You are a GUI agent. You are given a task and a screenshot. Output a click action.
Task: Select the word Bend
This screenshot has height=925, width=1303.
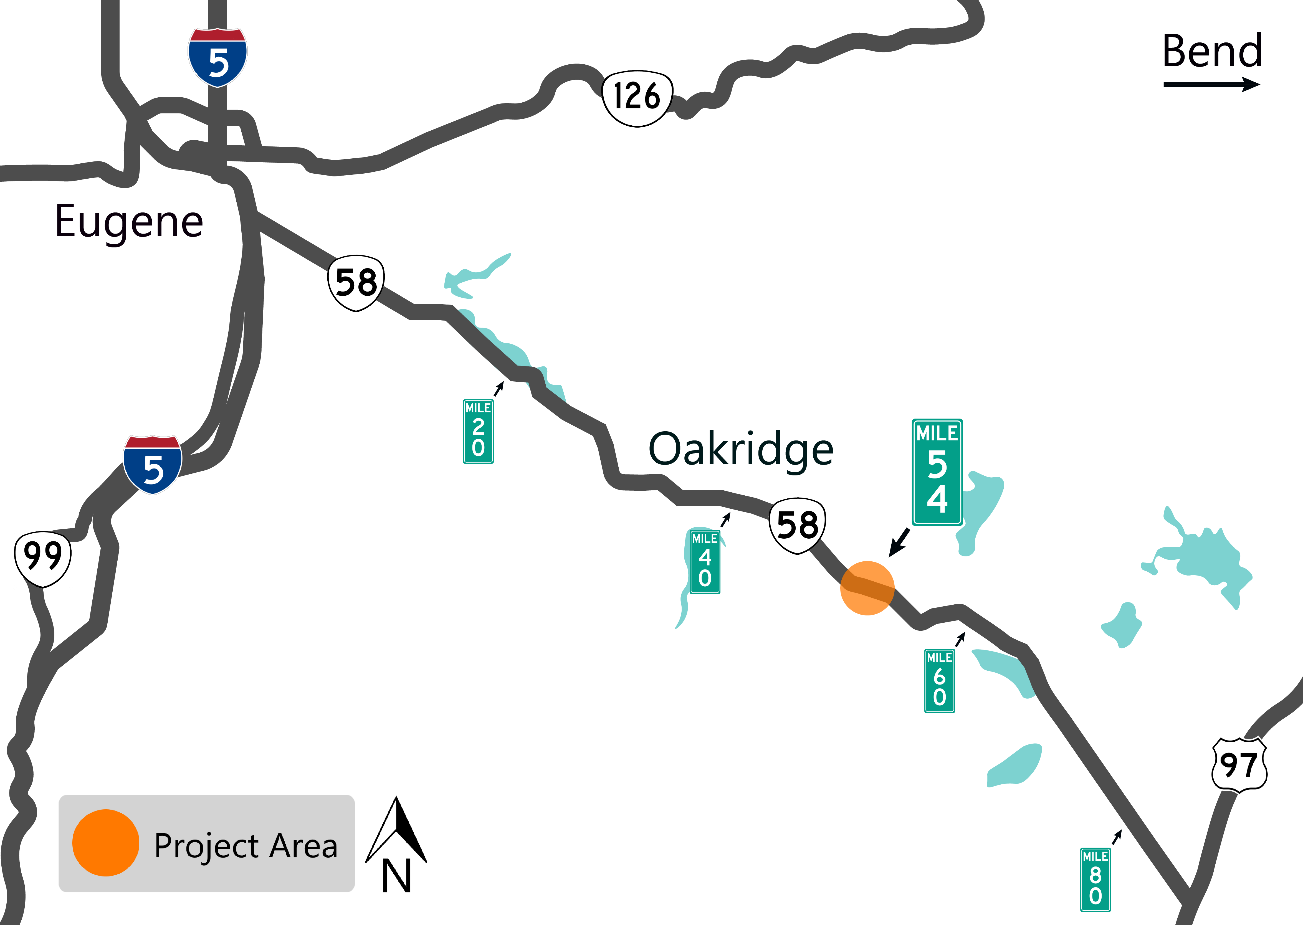click(1212, 51)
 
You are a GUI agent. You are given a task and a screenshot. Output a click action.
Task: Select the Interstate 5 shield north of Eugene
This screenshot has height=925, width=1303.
click(218, 57)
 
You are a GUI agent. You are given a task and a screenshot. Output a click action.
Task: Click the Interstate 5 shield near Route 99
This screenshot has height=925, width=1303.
click(153, 465)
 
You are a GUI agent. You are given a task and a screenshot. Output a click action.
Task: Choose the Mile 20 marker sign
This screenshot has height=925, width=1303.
click(478, 431)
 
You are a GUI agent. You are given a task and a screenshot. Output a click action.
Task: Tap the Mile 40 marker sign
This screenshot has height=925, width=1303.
click(705, 562)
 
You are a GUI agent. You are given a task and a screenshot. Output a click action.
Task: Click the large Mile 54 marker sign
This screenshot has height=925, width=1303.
click(937, 472)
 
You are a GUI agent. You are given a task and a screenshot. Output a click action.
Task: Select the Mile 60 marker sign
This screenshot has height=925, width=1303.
click(940, 681)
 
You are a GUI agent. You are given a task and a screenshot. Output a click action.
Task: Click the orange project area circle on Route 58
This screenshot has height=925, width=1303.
click(867, 588)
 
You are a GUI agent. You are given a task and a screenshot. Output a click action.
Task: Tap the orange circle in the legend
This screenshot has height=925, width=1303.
click(105, 843)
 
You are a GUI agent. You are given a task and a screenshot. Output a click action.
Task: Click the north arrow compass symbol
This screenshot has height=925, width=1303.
click(396, 843)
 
